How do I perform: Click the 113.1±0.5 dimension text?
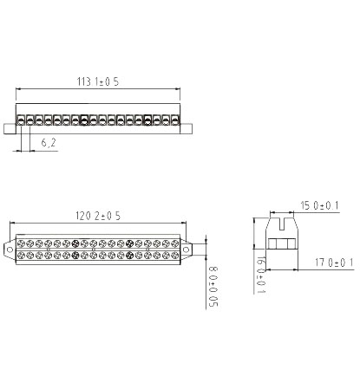[98, 81]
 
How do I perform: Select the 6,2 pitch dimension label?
[49, 143]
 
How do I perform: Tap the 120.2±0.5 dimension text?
[98, 216]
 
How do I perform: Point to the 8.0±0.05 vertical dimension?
[213, 287]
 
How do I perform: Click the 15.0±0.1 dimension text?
[319, 205]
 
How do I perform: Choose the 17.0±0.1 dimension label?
[334, 263]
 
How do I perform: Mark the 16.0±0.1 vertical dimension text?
[261, 275]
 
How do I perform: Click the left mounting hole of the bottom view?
[10, 250]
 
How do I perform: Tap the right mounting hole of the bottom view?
[186, 250]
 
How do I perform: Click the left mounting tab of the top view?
[10, 129]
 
